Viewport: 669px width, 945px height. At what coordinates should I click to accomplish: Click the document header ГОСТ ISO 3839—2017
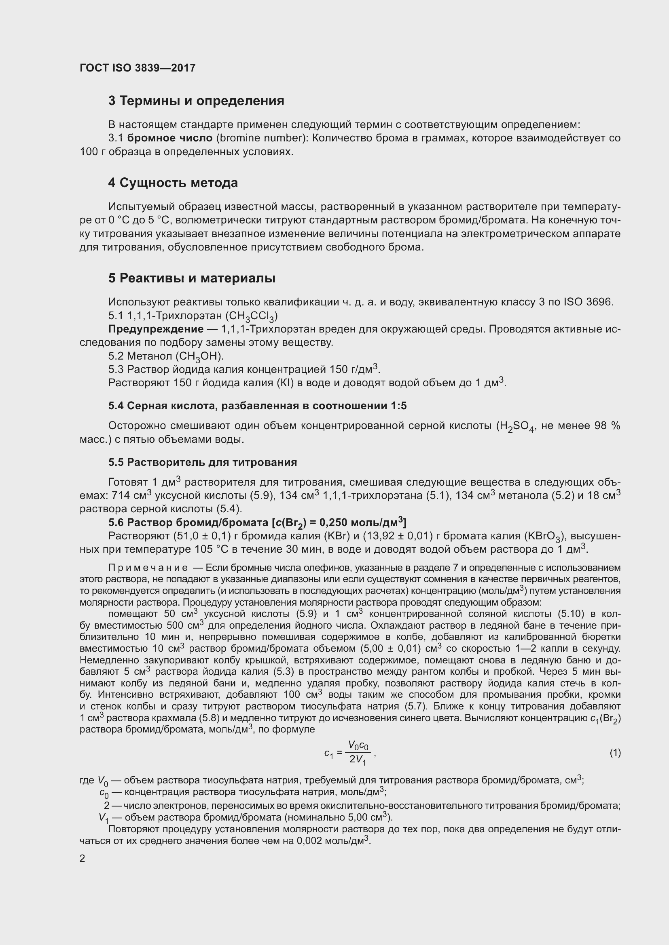point(138,68)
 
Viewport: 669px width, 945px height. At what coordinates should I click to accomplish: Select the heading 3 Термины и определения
point(196,101)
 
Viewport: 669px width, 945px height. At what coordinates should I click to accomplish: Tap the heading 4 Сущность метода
point(173,183)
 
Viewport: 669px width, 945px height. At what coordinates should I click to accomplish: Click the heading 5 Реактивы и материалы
point(192,278)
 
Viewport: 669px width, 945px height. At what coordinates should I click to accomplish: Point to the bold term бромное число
point(170,138)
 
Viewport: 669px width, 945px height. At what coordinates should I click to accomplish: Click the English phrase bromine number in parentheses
point(260,138)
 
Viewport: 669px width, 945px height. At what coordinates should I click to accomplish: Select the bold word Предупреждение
point(156,329)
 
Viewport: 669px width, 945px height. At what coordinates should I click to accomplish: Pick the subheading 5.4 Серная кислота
point(257,406)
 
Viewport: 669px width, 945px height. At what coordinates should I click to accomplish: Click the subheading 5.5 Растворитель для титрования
point(202,462)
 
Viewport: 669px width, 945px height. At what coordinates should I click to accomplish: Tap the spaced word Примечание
point(148,568)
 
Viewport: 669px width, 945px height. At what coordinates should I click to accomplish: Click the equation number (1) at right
point(615,753)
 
